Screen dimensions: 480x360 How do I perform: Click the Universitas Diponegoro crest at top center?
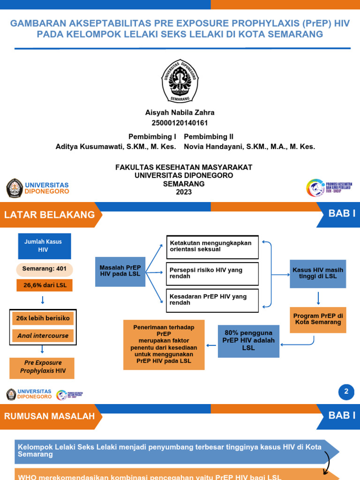(180, 81)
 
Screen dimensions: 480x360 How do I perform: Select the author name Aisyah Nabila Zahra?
(180, 112)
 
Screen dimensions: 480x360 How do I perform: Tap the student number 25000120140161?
(180, 123)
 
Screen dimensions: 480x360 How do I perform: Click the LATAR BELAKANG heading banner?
(50, 215)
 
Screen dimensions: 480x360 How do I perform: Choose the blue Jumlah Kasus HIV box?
(45, 246)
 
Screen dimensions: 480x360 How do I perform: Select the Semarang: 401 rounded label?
(45, 270)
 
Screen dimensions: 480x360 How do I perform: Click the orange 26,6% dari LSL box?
(45, 285)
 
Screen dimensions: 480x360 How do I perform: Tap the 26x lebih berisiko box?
(43, 318)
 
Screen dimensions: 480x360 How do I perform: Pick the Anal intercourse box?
(43, 336)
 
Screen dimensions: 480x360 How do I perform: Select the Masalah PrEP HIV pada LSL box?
(120, 271)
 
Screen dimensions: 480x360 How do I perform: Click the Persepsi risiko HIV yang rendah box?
(212, 274)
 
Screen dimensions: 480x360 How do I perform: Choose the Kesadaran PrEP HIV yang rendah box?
(212, 300)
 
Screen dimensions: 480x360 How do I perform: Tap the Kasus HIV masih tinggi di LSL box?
(318, 273)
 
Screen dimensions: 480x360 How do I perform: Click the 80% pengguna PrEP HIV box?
(248, 341)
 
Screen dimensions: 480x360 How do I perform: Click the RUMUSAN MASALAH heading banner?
(50, 416)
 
